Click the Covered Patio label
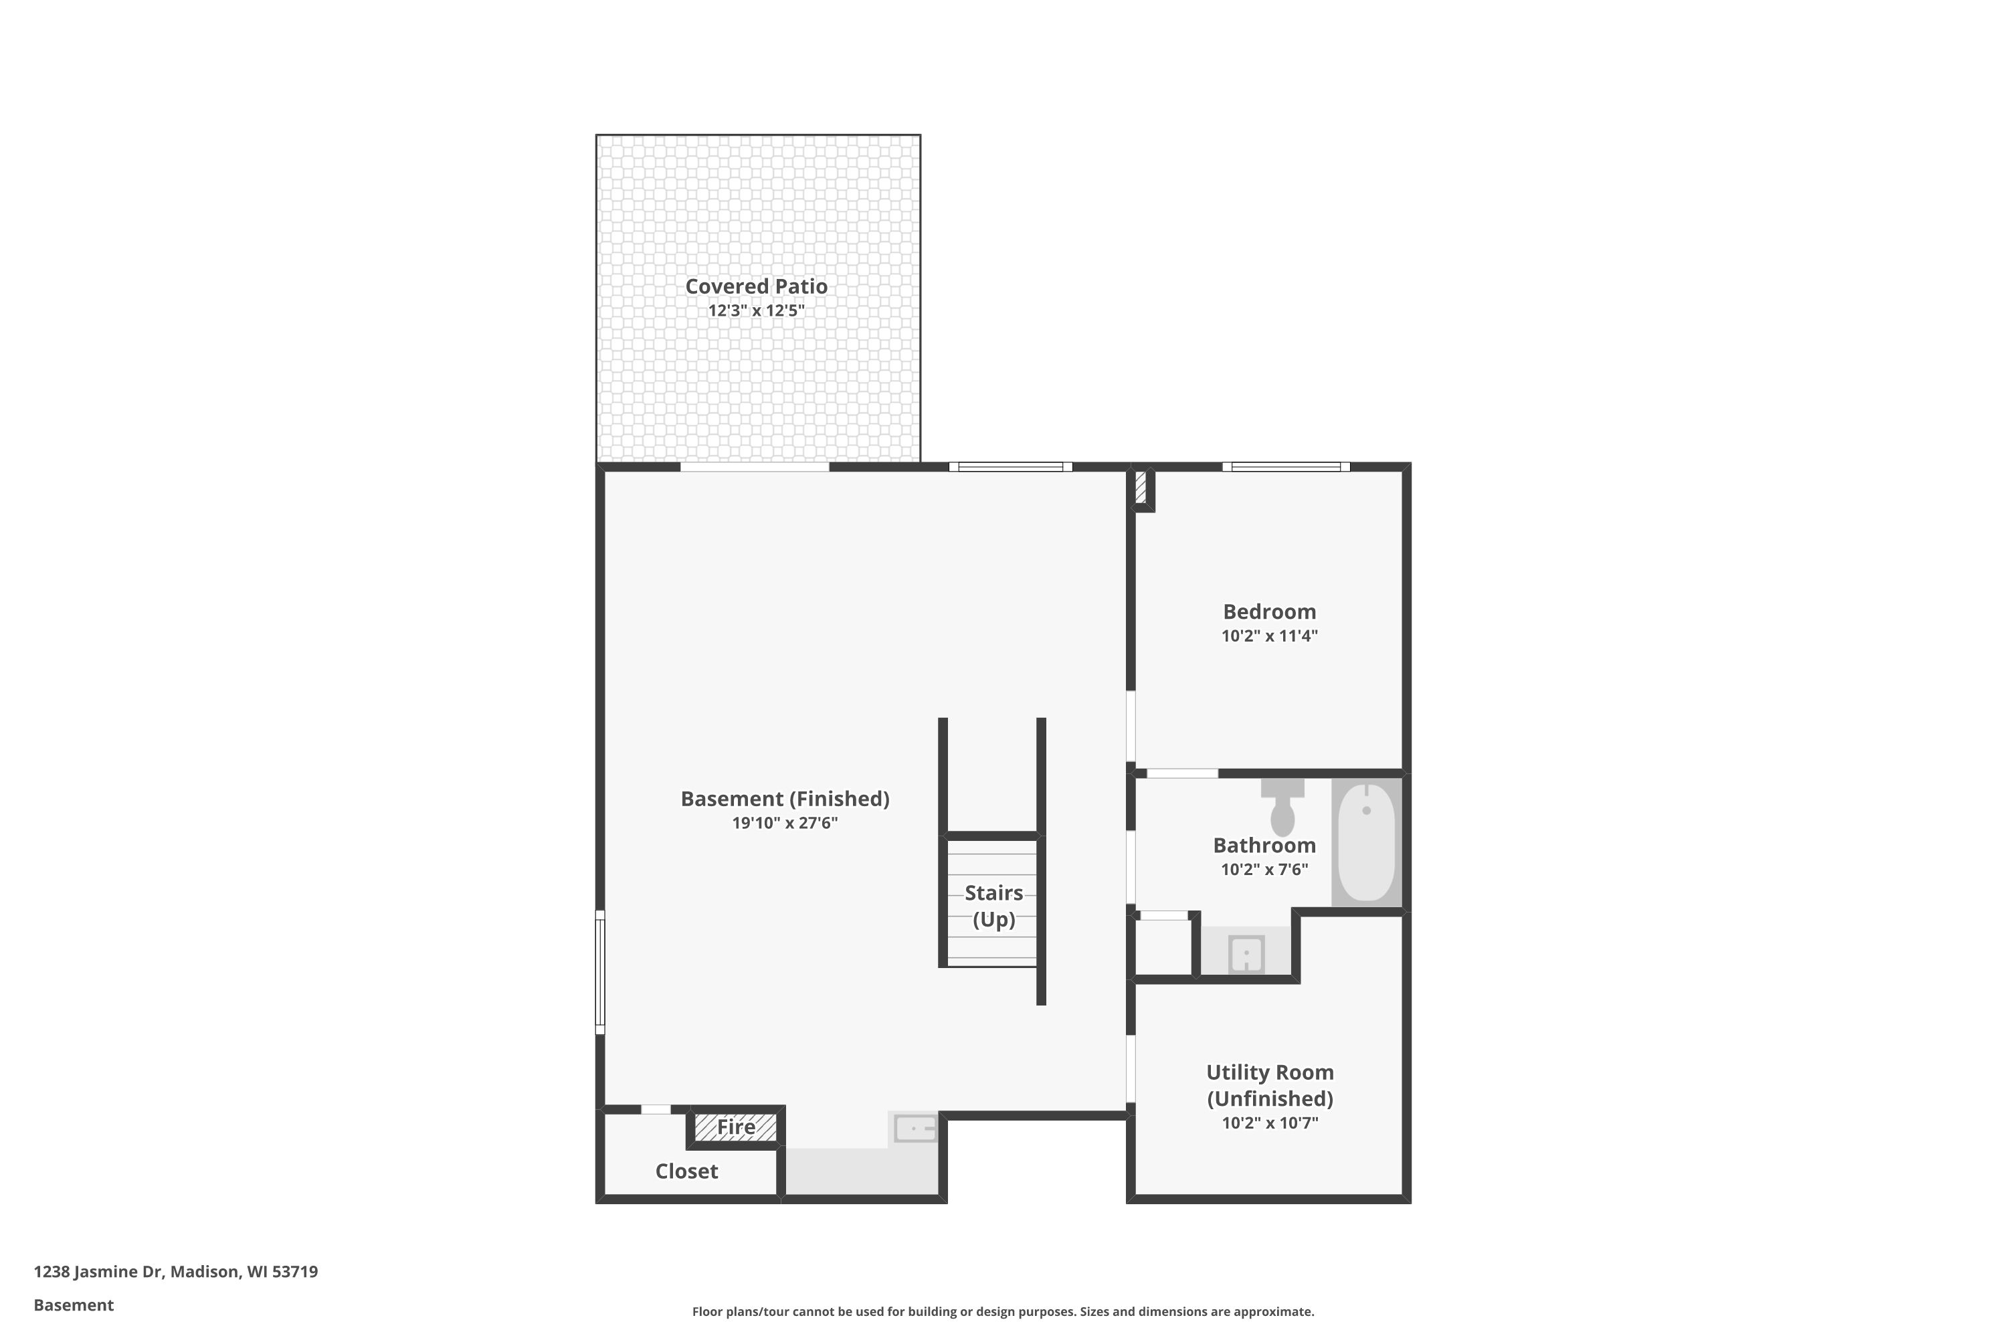click(x=756, y=287)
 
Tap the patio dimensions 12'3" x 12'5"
click(x=756, y=310)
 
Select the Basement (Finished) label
click(x=784, y=799)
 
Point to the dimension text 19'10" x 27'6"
click(x=784, y=824)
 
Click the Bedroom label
click(x=1269, y=612)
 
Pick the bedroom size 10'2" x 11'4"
click(x=1269, y=636)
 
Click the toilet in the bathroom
click(x=1282, y=808)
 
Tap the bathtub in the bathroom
click(x=1365, y=842)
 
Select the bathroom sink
click(x=1246, y=954)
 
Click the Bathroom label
click(x=1264, y=846)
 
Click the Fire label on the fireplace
click(x=735, y=1127)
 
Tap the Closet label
click(x=686, y=1171)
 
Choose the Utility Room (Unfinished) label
click(x=1269, y=1085)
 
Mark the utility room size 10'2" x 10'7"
click(x=1269, y=1123)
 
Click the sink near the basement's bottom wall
click(x=915, y=1128)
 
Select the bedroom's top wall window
click(x=1285, y=467)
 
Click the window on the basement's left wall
click(x=600, y=972)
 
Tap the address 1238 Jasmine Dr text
click(x=175, y=1272)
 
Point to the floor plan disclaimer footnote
click(x=1003, y=1311)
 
